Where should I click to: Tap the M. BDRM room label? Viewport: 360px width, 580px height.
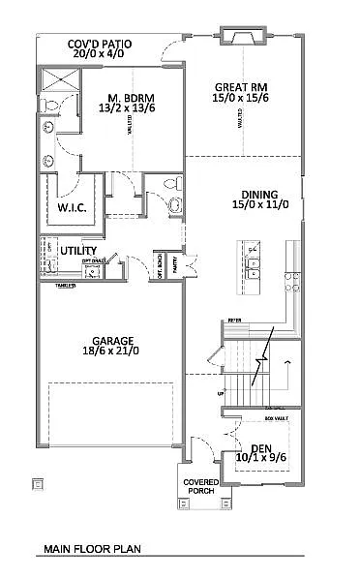[128, 98]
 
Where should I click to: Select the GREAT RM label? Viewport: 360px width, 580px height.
[234, 87]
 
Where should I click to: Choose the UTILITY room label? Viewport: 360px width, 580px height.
[78, 251]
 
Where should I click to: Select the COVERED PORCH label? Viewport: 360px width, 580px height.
[202, 486]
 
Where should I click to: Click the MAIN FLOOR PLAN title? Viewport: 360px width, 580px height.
[91, 549]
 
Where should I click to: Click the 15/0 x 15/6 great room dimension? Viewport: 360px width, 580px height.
[234, 99]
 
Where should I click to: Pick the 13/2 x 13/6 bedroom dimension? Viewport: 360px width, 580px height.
[128, 109]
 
